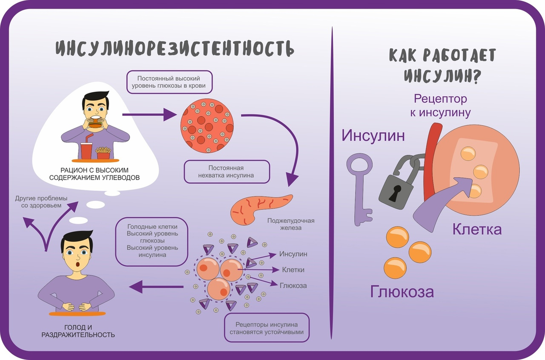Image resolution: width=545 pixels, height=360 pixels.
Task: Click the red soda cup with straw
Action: coord(86,149)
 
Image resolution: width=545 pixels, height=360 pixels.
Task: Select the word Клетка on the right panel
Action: coord(476,229)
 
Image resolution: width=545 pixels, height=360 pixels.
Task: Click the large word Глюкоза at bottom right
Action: coord(402,291)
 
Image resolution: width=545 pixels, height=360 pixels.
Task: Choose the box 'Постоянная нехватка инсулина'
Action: coord(227,171)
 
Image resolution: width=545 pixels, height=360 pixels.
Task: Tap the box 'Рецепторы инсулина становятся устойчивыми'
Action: coord(267,328)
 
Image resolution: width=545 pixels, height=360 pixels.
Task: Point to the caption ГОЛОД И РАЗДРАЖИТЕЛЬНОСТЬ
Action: coord(78,331)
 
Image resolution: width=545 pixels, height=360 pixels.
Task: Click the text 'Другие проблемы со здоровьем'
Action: coord(41,202)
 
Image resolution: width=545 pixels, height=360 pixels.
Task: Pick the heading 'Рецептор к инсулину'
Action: coord(440,105)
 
